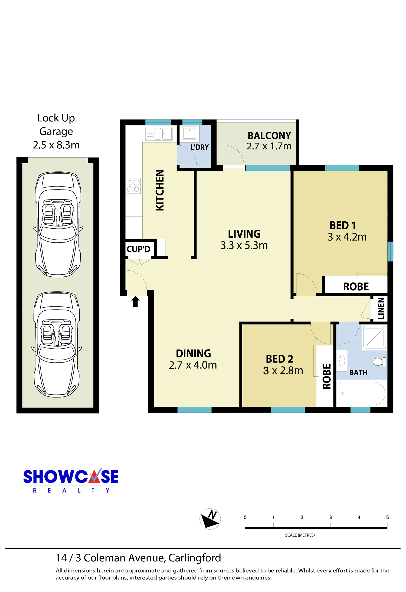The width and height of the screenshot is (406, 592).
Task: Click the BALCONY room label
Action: pos(269,135)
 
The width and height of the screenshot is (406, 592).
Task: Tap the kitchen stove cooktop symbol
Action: pos(133,186)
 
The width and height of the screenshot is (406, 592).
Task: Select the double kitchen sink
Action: pos(159,134)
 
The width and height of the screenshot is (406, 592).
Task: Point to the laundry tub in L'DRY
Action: pos(189,133)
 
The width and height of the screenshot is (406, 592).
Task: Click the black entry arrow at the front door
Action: pos(135,301)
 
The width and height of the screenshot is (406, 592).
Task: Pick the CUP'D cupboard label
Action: pos(138,249)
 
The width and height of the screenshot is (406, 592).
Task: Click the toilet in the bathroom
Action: pos(379,362)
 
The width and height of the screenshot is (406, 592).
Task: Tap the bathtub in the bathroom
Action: pos(362,393)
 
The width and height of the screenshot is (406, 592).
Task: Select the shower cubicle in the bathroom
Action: pos(375,337)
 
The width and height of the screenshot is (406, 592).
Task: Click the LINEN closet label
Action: pos(381,308)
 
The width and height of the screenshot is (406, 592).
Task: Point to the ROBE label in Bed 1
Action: pos(356,287)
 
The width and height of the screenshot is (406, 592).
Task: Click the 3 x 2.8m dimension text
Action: pos(283,371)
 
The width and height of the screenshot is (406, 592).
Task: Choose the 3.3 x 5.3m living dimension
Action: pos(244,245)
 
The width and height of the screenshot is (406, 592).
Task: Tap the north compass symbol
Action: pos(210,519)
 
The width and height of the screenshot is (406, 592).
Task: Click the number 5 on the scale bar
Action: pos(387,517)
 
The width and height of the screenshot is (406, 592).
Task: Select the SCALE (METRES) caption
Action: pos(300,535)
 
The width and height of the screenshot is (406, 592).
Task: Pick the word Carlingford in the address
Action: pos(195,558)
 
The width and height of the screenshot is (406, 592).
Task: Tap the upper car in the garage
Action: pos(58,224)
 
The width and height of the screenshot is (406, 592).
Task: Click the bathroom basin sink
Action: pos(342,361)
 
